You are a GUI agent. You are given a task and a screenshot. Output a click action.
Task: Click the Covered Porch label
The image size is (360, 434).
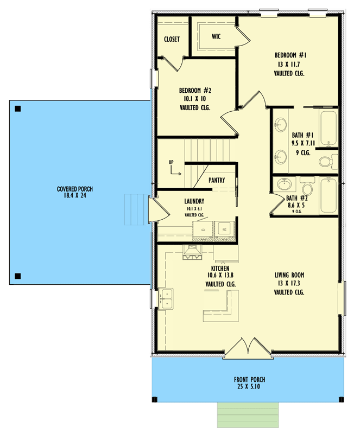click(75, 189)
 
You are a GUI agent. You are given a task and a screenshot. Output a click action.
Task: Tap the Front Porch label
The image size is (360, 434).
click(249, 379)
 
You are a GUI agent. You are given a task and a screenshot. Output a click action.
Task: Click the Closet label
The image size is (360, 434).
click(172, 39)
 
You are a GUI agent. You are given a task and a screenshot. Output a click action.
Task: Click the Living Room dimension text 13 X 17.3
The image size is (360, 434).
click(289, 283)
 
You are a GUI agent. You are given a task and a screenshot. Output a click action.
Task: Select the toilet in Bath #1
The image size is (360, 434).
click(326, 161)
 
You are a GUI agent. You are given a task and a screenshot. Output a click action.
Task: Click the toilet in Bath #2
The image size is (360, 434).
click(307, 188)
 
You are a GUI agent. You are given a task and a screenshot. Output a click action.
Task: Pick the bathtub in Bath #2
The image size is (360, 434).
click(328, 195)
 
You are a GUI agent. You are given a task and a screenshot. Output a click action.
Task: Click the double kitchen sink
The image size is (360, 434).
click(167, 296)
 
